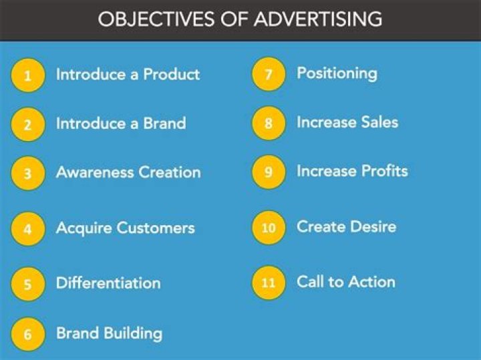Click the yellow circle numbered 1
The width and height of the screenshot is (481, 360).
click(x=27, y=75)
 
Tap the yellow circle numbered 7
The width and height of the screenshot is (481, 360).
click(x=269, y=74)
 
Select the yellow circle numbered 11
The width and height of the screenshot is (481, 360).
click(x=269, y=282)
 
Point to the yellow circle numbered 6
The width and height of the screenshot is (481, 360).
click(x=27, y=334)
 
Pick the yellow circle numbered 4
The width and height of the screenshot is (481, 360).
click(x=27, y=229)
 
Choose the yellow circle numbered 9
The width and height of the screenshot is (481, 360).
click(x=269, y=172)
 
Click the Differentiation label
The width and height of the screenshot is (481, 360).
click(x=108, y=283)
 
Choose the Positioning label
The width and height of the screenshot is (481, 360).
click(x=337, y=73)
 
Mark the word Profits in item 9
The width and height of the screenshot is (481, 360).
click(x=384, y=171)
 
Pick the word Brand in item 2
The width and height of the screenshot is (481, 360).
click(x=164, y=124)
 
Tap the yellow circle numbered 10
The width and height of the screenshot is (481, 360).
click(x=269, y=227)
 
